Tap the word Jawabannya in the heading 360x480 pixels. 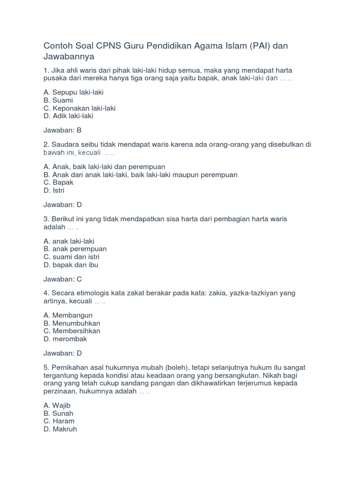pos(69,57)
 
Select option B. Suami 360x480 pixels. pos(58,100)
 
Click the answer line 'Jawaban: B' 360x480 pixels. pos(62,130)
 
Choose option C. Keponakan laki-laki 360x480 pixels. pos(79,108)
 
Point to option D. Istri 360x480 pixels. pos(54,190)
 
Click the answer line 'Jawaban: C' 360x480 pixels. pos(62,279)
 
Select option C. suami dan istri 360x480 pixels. pos(71,257)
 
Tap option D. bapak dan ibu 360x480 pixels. pos(71,265)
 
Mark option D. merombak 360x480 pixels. pos(65,339)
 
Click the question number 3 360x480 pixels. pos(45,219)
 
